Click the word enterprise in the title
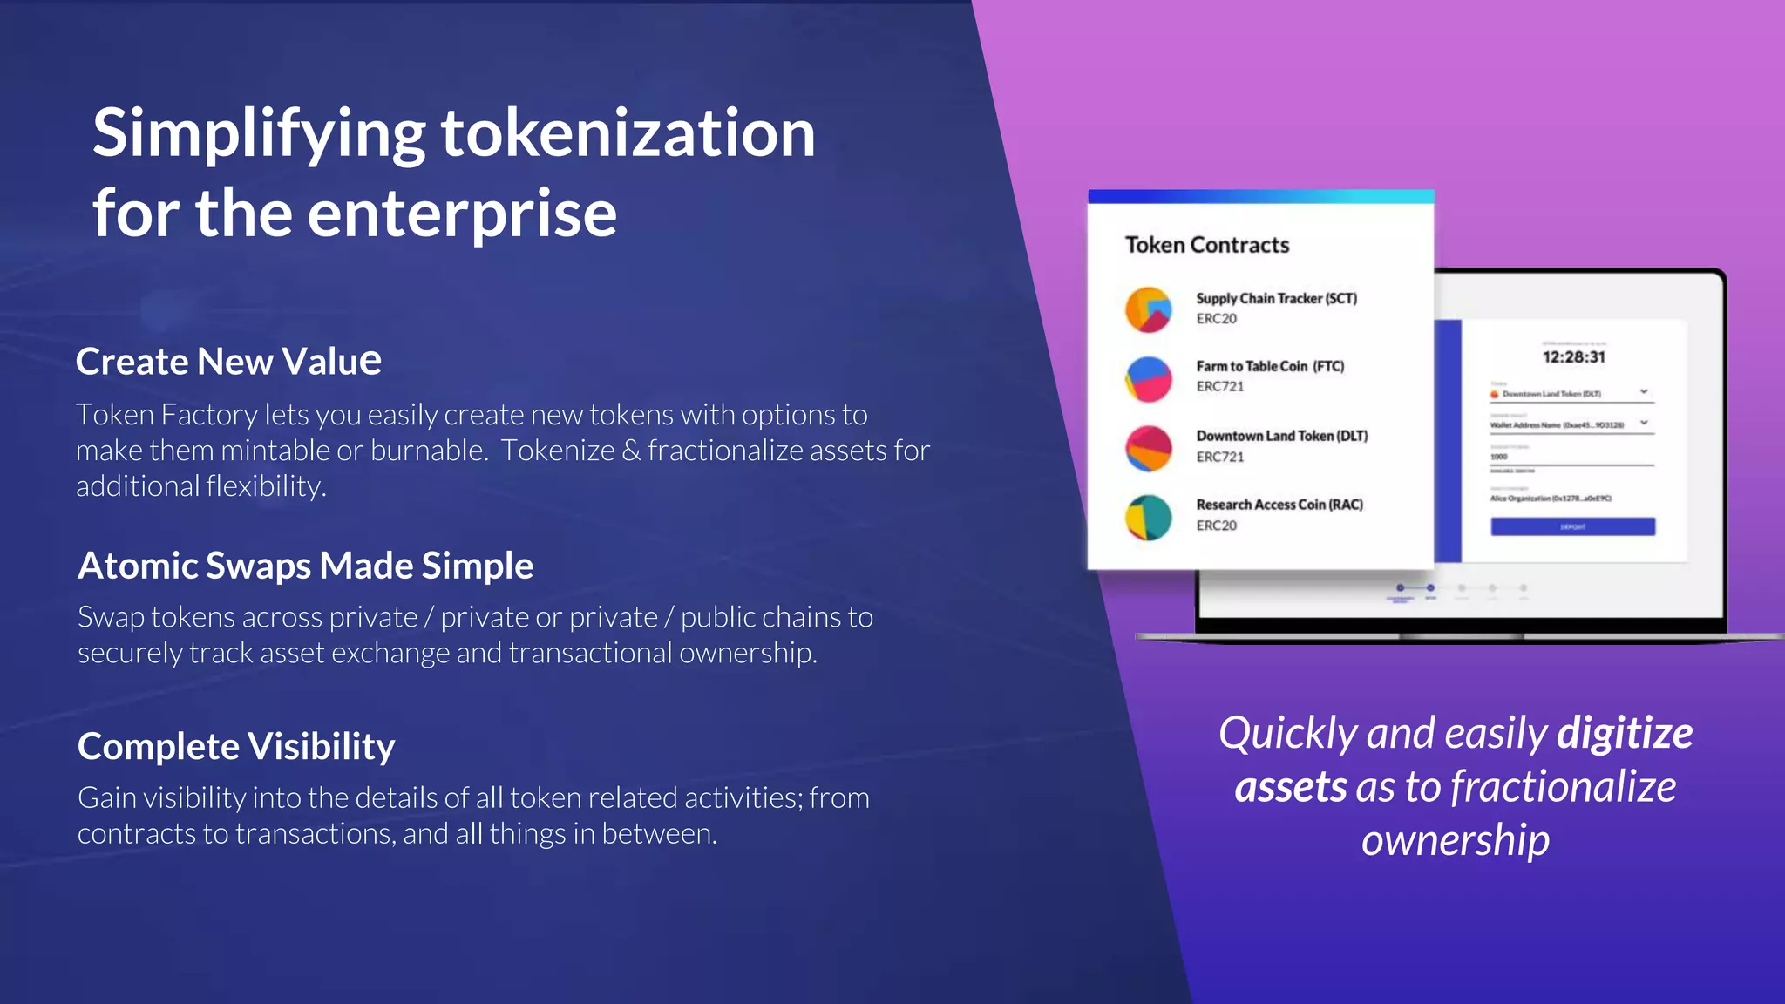click(x=462, y=214)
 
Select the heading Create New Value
click(x=228, y=361)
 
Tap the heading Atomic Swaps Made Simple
click(x=305, y=566)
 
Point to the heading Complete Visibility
click(x=236, y=747)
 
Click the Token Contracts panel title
click(x=1206, y=245)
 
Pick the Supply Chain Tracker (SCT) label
click(x=1276, y=298)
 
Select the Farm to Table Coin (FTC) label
click(x=1269, y=366)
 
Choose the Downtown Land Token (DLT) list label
click(x=1281, y=436)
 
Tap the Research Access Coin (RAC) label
click(x=1279, y=505)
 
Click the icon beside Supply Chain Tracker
click(x=1148, y=310)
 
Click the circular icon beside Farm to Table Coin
click(x=1148, y=379)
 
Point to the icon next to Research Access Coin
click(x=1148, y=518)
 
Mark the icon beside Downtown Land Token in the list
click(x=1148, y=448)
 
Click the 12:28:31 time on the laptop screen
click(x=1573, y=357)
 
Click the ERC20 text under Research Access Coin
click(x=1216, y=526)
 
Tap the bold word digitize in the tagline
click(x=1625, y=733)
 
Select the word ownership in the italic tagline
click(x=1455, y=840)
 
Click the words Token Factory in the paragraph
click(x=166, y=415)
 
